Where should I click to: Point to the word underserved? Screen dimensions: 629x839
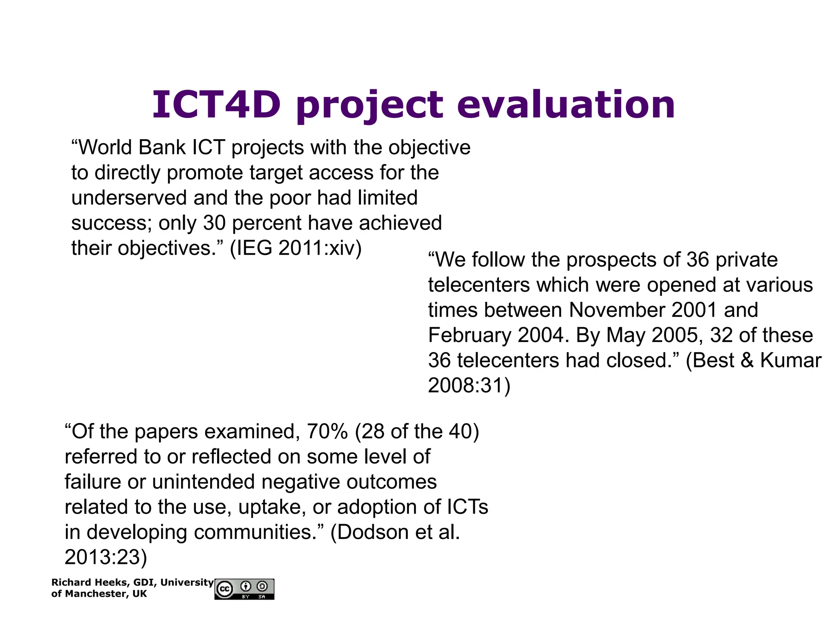[x=129, y=198]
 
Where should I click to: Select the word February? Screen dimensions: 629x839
[x=469, y=335]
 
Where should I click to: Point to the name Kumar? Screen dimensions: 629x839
[x=791, y=360]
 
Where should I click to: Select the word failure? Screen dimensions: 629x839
[x=93, y=482]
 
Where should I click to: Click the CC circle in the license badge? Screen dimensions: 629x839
[x=225, y=589]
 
